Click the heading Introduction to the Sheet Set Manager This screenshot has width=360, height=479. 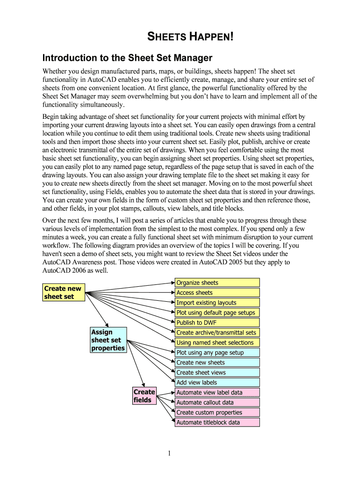click(127, 58)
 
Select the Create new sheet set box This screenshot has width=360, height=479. click(64, 292)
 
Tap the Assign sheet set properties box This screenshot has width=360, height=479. click(108, 340)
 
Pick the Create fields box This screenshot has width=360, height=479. click(144, 396)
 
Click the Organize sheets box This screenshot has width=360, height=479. click(217, 283)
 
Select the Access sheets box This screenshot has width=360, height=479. click(217, 293)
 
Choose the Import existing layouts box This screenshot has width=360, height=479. click(217, 303)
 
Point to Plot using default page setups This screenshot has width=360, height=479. click(217, 312)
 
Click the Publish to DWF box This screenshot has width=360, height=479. click(217, 323)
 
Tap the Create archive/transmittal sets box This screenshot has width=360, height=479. click(217, 333)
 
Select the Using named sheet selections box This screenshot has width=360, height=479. click(217, 342)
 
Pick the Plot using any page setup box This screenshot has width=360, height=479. click(217, 353)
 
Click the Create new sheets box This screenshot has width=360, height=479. click(217, 363)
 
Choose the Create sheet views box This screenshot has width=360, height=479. click(217, 372)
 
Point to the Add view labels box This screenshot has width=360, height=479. click(217, 383)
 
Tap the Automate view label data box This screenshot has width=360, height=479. click(217, 392)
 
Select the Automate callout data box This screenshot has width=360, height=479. click(217, 402)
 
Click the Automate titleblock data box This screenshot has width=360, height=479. click(217, 422)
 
